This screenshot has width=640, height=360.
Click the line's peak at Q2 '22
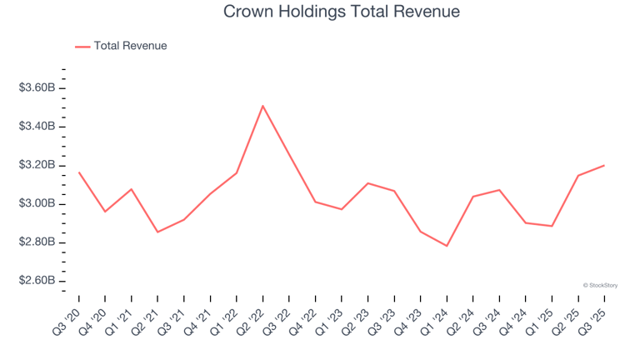pyautogui.click(x=262, y=106)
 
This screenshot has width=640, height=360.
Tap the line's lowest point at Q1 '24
pyautogui.click(x=447, y=246)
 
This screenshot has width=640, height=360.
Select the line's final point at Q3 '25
pyautogui.click(x=604, y=165)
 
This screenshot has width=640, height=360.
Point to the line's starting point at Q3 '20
pyautogui.click(x=79, y=172)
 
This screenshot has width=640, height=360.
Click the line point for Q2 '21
pyautogui.click(x=157, y=232)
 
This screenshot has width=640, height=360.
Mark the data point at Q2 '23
pyautogui.click(x=367, y=183)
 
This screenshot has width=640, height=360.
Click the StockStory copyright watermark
pyautogui.click(x=600, y=285)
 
